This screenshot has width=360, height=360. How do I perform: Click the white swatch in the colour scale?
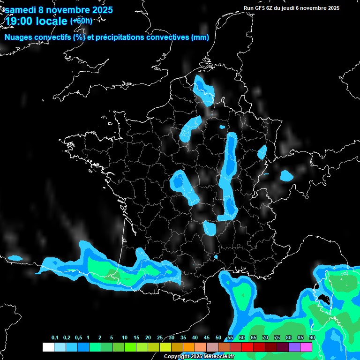point(48,347)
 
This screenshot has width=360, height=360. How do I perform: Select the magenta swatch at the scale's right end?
point(306,347)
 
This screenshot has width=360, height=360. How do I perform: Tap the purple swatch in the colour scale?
point(294,347)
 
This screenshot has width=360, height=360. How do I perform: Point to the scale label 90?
point(312,338)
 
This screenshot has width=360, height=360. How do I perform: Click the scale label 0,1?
point(55,338)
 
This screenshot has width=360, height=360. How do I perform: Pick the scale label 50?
point(218,338)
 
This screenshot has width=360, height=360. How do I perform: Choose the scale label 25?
point(160,338)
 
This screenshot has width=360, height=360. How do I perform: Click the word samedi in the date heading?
point(22,10)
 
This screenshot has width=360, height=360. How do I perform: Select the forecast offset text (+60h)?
point(81,21)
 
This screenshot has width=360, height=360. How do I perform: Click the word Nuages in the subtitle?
point(18,37)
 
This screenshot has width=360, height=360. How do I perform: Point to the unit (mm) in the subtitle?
point(200,37)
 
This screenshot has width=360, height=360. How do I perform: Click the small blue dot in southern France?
point(216,257)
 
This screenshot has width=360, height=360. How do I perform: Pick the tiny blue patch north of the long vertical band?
point(222,126)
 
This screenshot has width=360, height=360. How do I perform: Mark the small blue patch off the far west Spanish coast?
point(15,258)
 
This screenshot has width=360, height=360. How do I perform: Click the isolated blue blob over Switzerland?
point(286,176)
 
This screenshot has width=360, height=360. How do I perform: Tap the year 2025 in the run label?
point(333,8)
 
